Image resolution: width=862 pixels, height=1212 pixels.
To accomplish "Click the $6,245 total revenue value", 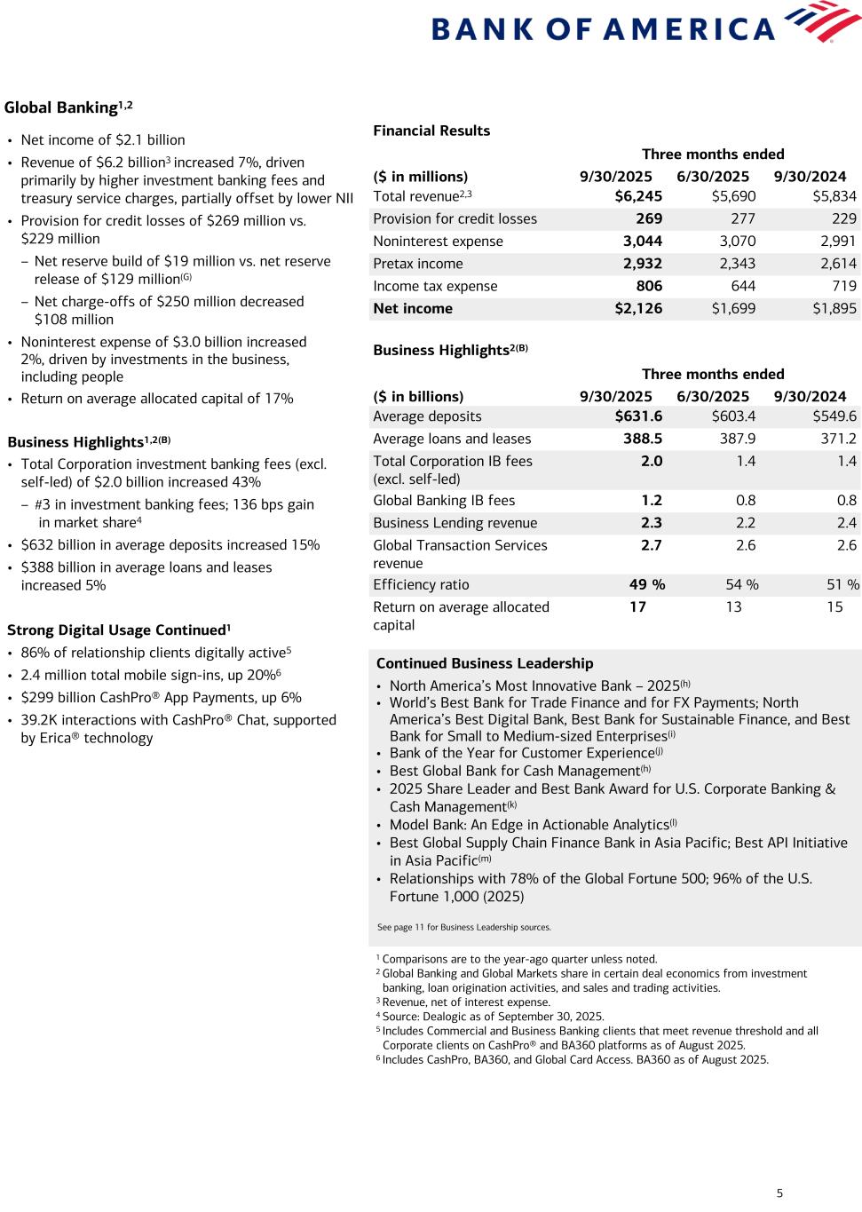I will point(638,196).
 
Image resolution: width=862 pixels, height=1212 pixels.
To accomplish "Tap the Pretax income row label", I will point(417,264).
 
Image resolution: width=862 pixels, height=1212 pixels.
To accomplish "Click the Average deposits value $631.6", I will point(638,416).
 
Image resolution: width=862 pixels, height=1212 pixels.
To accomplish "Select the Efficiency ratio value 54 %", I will point(742,584).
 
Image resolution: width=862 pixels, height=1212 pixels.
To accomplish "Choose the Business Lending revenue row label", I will point(455,523).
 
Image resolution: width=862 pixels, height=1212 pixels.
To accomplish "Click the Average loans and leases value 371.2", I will point(839,439).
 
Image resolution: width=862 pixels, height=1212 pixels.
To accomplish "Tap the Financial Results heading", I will point(431,131).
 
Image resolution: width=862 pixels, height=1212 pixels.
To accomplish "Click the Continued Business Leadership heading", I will point(485,663).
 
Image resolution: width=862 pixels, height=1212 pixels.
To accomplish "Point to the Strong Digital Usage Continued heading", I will point(118,630).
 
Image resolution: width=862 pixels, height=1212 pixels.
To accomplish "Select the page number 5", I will point(779,1192).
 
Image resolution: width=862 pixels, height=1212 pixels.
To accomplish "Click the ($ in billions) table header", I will point(418,396).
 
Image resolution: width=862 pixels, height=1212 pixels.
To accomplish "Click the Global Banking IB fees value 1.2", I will point(652,501).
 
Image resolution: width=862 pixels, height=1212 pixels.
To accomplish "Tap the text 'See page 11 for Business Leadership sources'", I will point(463,927).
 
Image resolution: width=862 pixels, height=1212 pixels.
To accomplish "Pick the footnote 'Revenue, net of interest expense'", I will point(465,1002).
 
